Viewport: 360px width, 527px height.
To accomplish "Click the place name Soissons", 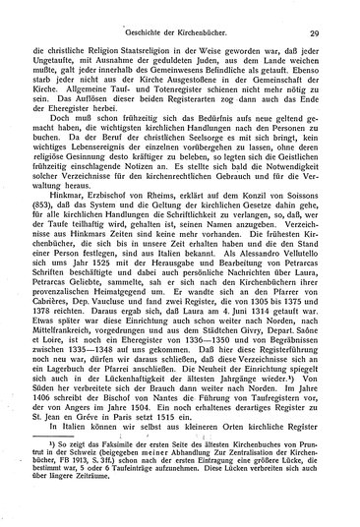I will [314, 199].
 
